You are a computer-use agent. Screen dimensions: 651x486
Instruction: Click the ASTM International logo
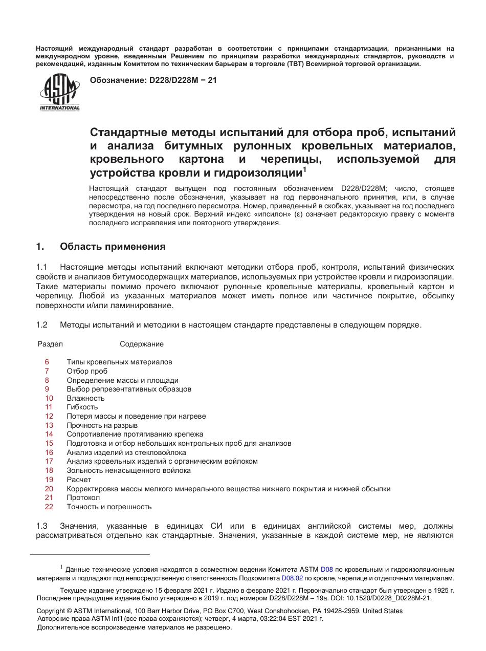click(60, 93)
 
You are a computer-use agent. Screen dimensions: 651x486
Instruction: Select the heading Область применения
click(113, 247)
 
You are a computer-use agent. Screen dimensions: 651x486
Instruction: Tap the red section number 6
click(47, 362)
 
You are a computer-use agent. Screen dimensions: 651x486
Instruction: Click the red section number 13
click(49, 425)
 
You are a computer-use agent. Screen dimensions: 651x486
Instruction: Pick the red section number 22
click(49, 507)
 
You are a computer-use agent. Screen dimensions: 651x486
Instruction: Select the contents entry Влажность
click(85, 398)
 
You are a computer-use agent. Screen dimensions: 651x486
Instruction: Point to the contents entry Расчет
click(79, 480)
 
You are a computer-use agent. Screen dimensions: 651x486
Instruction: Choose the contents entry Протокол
click(83, 497)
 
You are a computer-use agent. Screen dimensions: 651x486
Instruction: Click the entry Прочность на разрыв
click(102, 425)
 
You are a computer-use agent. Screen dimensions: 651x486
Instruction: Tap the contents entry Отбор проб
click(87, 371)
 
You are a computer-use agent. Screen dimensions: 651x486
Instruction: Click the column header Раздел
click(50, 344)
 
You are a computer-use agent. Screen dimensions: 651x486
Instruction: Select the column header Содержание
click(142, 344)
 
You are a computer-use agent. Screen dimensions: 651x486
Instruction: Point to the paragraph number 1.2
click(41, 324)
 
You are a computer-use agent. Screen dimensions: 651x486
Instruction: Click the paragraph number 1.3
click(41, 526)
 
